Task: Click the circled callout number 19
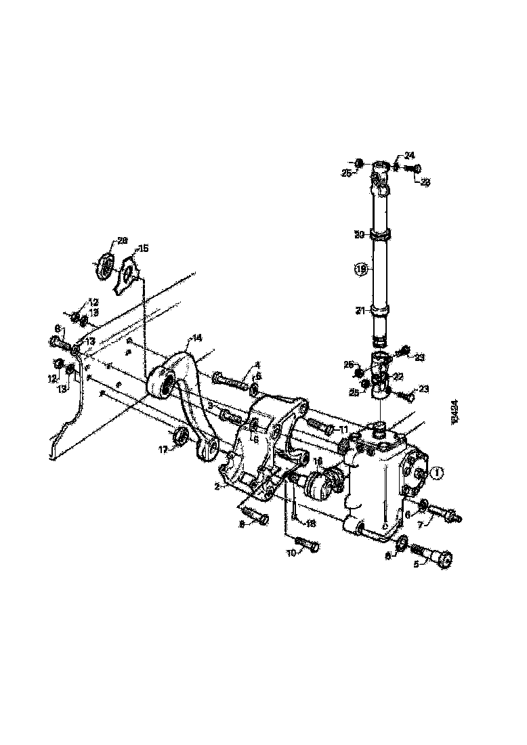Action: [x=361, y=270]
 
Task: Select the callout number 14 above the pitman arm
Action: [x=196, y=337]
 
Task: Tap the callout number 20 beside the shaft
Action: [x=360, y=234]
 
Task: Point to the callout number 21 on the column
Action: [x=361, y=310]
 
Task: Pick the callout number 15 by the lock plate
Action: [x=143, y=248]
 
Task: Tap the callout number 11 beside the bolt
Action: [x=343, y=429]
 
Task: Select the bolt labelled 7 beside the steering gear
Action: [x=444, y=514]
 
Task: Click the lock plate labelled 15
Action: [x=127, y=274]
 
